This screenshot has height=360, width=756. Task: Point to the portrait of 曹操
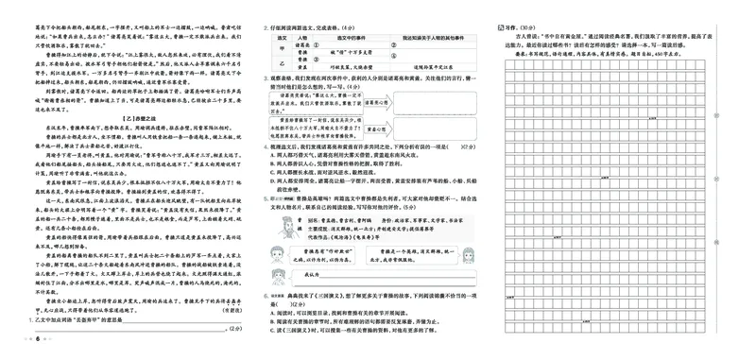coord(281,231)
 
